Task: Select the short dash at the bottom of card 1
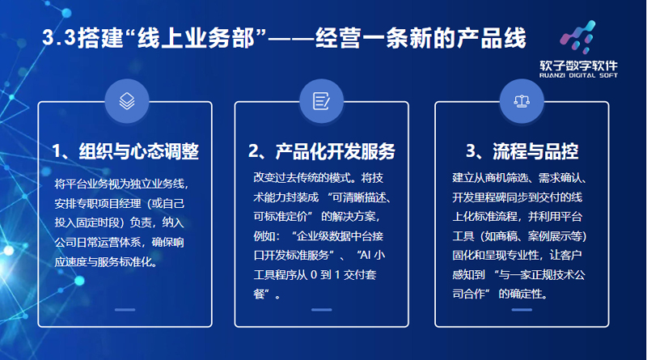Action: click(125, 309)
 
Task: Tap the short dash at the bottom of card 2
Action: click(321, 309)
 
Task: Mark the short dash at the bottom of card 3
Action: click(522, 309)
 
